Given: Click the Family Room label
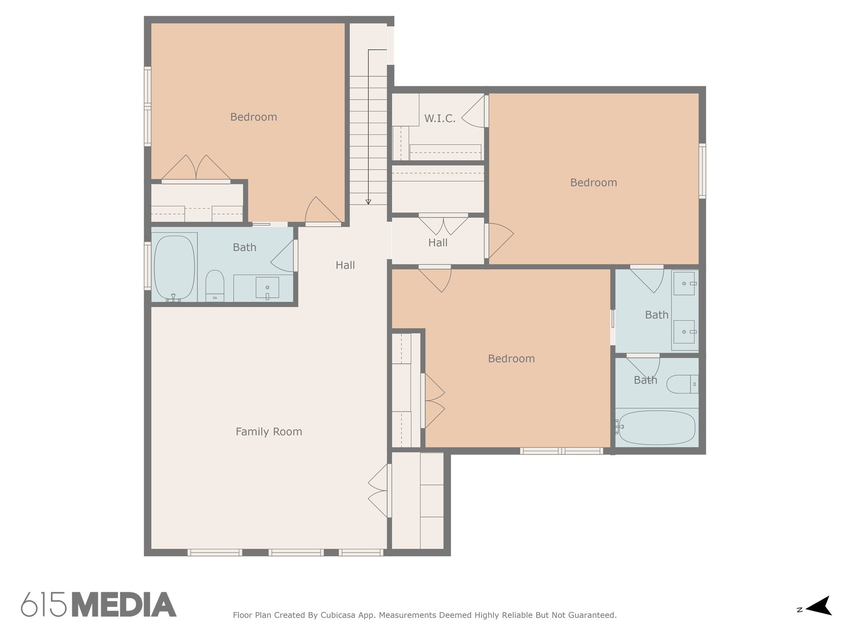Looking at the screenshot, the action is coord(269,432).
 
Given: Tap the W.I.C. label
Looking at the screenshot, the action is coord(440,119).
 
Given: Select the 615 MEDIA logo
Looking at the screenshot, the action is coord(99,605).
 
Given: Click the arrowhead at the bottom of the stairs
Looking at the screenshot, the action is coord(368,202).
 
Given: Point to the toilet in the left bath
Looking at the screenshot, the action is coord(215,286).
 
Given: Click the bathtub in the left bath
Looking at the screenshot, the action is coord(174,268).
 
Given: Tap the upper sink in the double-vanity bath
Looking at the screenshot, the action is coord(684,283).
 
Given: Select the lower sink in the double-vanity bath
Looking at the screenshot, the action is coord(684,332).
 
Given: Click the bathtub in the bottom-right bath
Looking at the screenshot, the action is coord(656,428).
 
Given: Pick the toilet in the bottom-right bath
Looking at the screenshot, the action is coord(682,384).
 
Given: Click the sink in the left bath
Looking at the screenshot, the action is coord(267,287).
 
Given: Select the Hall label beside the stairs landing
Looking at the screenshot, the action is coord(345,265).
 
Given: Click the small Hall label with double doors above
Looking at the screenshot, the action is coord(438,243).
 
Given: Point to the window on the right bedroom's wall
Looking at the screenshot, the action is coord(702,171).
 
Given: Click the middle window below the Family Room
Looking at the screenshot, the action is coord(296,552).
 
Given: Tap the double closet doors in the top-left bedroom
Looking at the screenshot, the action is coord(196,168).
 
